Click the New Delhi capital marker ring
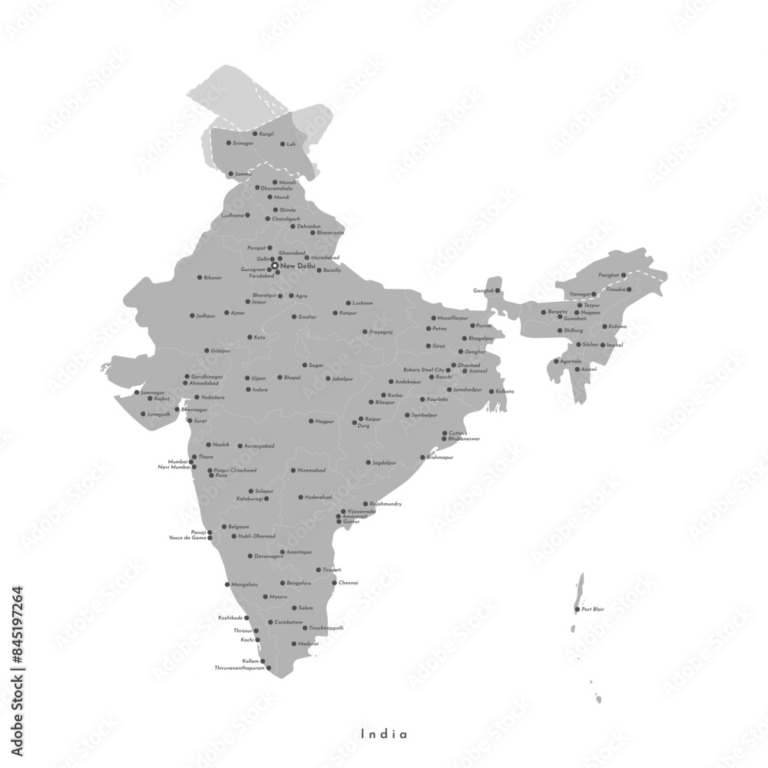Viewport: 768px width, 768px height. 275,266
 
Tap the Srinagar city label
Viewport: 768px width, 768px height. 243,144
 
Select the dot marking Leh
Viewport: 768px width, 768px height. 281,144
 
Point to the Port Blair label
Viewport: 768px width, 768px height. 593,610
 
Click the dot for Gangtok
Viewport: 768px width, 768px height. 498,290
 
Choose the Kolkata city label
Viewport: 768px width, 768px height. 505,392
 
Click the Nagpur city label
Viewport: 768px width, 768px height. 325,422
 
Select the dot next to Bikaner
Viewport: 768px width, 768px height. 200,277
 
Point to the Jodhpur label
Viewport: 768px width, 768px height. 206,316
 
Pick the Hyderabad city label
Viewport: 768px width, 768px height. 318,498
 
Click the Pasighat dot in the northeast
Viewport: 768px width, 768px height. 624,275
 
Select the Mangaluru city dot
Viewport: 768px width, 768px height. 227,584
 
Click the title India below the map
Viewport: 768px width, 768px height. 384,734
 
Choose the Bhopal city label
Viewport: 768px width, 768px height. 293,378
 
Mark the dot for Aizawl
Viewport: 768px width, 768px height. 578,369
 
